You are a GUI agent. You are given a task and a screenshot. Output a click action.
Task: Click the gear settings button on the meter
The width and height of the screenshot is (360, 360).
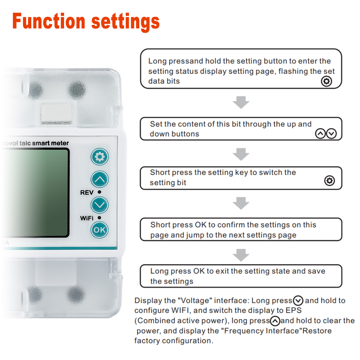[x=100, y=157]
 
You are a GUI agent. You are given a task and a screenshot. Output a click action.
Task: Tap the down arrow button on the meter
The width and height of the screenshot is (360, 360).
[x=100, y=205]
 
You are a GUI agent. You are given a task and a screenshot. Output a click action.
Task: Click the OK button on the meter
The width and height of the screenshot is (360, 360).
[x=100, y=230]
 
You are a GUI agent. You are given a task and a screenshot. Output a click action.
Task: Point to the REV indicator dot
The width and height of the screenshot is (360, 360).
[x=99, y=192]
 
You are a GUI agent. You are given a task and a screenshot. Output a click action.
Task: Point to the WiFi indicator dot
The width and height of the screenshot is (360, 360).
[x=99, y=218]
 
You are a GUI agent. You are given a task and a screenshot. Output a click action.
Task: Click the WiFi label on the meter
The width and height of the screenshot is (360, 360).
[x=87, y=218]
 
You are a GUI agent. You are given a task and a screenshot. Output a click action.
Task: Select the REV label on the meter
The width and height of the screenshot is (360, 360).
[x=87, y=192]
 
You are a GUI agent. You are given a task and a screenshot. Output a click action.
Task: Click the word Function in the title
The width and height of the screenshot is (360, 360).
[x=49, y=21]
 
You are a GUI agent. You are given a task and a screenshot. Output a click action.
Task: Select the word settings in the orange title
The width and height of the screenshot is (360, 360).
[x=125, y=22]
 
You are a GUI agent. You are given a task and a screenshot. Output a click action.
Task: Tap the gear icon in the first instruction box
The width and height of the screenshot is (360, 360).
[x=327, y=81]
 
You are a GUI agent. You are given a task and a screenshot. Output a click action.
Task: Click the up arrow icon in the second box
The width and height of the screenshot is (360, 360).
[x=320, y=134]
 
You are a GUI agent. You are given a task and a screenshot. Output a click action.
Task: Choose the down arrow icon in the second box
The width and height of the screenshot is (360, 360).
[x=331, y=134]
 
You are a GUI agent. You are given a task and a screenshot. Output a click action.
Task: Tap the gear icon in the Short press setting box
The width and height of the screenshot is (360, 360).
[x=329, y=181]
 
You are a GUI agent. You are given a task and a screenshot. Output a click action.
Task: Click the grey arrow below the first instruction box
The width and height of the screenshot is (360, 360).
[x=241, y=102]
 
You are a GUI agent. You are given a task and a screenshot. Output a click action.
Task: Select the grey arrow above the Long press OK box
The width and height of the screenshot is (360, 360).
[x=241, y=255]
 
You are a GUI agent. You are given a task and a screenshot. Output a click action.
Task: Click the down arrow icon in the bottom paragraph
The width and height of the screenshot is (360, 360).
[x=298, y=300]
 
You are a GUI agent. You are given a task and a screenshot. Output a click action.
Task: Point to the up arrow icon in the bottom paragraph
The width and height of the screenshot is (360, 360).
[x=275, y=321]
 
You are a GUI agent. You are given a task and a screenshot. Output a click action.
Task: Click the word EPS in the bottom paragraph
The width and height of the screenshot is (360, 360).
[x=293, y=310]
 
